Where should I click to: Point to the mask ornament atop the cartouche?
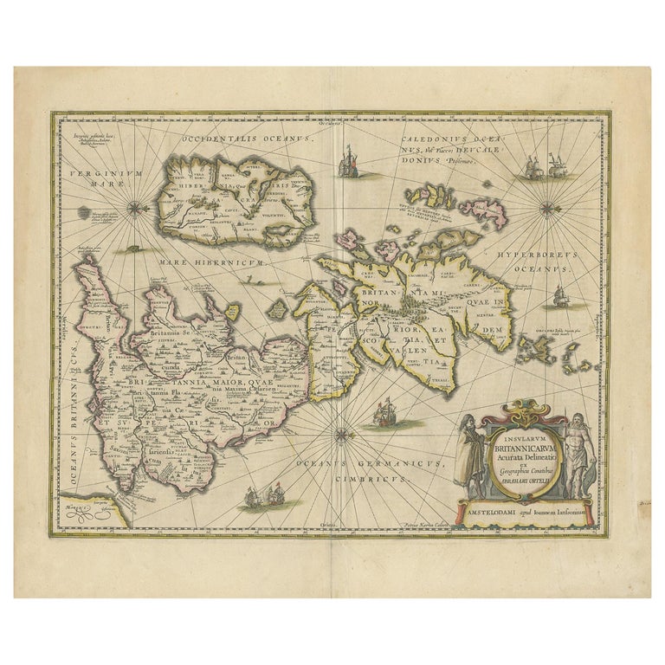[x=526, y=405]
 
